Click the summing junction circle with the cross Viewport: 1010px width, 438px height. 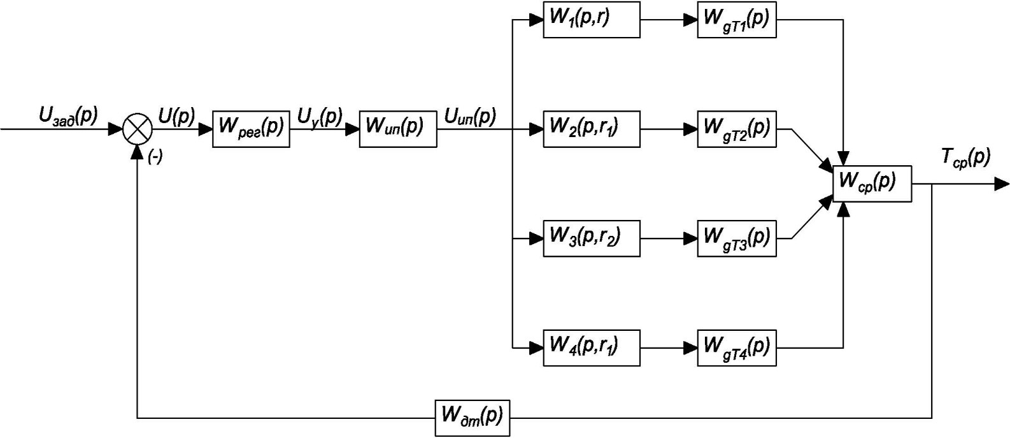(x=138, y=129)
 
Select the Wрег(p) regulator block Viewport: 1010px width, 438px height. (x=251, y=129)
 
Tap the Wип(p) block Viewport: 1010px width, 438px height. (x=398, y=129)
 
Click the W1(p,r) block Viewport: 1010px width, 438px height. (x=591, y=19)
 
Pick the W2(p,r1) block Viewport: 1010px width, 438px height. (x=591, y=129)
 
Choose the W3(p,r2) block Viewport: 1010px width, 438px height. (x=591, y=238)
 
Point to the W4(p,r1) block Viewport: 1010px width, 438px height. (x=591, y=347)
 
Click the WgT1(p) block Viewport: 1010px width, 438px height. (x=737, y=19)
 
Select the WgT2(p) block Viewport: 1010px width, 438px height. (x=737, y=129)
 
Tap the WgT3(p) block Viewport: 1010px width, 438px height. (x=737, y=238)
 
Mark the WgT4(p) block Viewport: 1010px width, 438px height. (x=737, y=347)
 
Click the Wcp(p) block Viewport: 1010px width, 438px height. (x=872, y=184)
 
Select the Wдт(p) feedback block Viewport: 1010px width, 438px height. (x=472, y=418)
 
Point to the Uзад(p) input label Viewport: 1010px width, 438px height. (x=69, y=116)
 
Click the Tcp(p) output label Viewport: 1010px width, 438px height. (x=965, y=158)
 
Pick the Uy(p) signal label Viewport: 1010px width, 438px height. (x=320, y=117)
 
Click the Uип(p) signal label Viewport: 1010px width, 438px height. (x=470, y=117)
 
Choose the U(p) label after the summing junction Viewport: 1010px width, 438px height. (x=177, y=117)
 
